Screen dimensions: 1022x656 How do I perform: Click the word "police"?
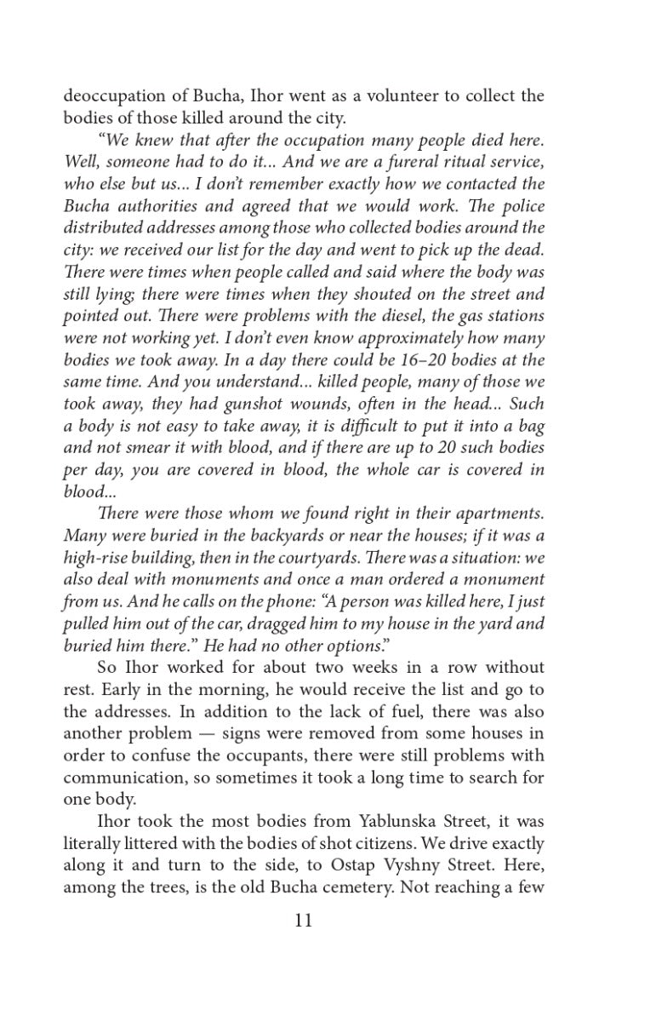point(518,206)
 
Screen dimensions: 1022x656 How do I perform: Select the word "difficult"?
point(372,427)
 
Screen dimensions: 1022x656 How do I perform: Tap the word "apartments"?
point(493,514)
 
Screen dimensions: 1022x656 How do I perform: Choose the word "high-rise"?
point(99,558)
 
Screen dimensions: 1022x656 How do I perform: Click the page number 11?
point(304,921)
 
